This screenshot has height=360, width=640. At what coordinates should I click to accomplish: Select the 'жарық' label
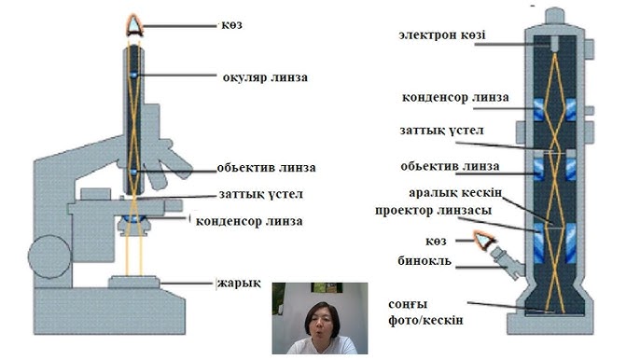pyautogui.click(x=239, y=284)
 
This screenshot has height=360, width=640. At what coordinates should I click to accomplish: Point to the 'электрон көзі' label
pyautogui.click(x=445, y=35)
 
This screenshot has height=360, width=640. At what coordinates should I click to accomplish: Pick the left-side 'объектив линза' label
pyautogui.click(x=266, y=169)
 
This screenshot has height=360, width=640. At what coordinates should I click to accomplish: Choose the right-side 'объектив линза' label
pyautogui.click(x=449, y=167)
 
